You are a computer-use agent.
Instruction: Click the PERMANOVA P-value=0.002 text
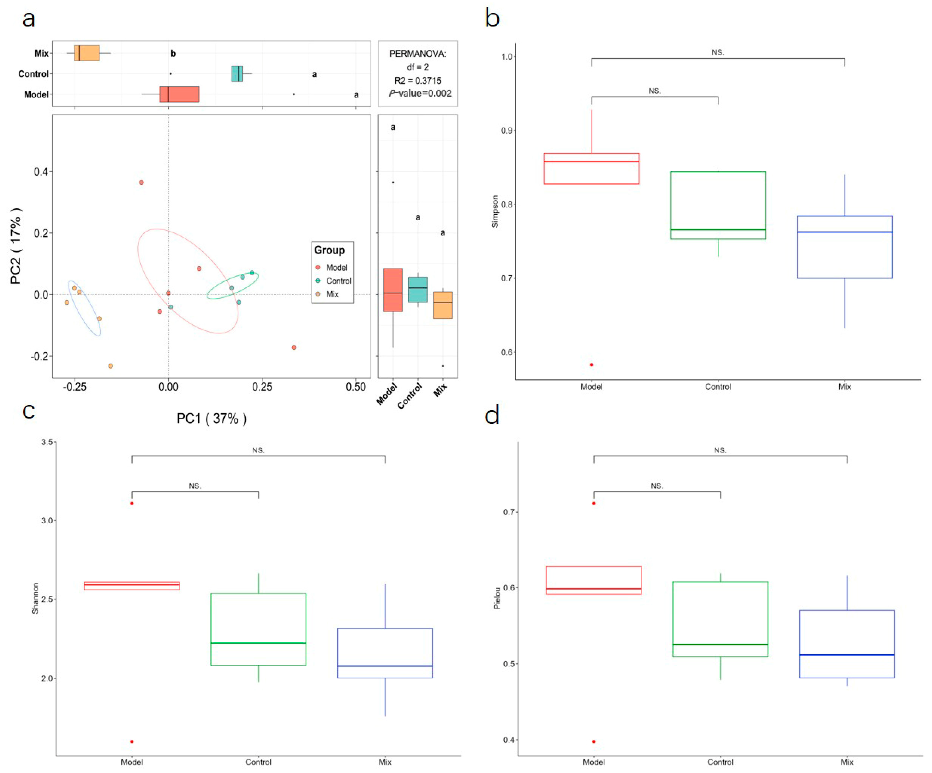(420, 93)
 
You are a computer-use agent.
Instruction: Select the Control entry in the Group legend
(338, 281)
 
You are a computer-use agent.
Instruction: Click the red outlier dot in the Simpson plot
(592, 365)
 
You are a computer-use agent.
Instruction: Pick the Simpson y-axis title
(495, 212)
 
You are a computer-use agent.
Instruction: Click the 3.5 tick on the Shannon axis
(47, 442)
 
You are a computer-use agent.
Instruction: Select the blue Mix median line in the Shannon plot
(385, 666)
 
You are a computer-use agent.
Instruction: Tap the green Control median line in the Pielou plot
(720, 644)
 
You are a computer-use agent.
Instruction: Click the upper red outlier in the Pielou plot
(594, 503)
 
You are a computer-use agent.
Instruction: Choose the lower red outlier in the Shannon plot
(132, 742)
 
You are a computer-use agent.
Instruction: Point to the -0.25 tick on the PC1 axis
(75, 387)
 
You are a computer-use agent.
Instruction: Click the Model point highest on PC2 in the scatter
(141, 182)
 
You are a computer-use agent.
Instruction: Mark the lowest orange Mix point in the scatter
(111, 366)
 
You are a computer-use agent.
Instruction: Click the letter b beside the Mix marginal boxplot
(173, 54)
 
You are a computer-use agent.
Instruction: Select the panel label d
(492, 416)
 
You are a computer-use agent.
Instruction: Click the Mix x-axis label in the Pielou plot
(847, 762)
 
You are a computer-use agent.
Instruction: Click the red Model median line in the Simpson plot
(592, 162)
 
